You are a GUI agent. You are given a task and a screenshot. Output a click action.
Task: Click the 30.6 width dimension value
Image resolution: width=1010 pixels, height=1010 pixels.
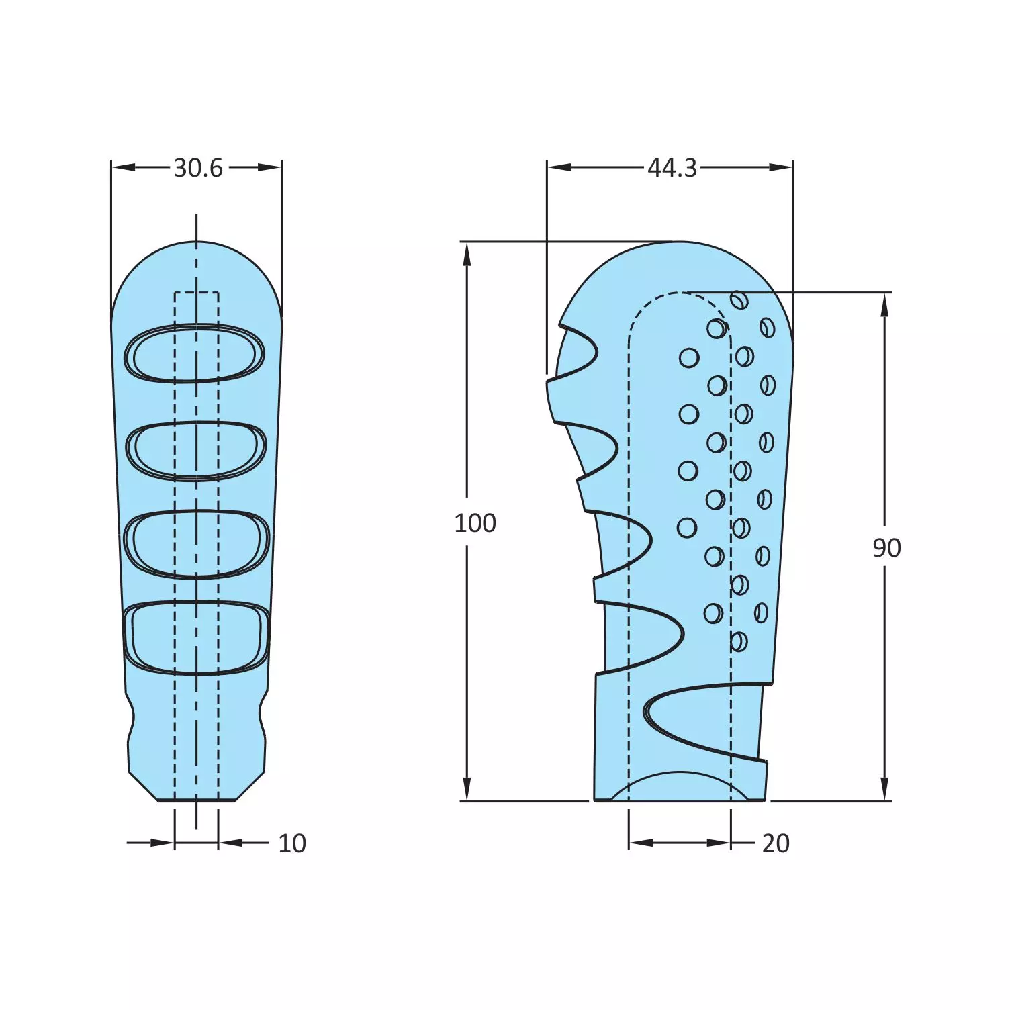[x=197, y=168]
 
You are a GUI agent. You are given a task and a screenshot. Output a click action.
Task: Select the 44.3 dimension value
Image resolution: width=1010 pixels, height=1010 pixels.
[x=672, y=168]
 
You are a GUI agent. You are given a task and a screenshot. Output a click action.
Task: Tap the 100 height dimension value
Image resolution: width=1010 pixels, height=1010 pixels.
[x=475, y=523]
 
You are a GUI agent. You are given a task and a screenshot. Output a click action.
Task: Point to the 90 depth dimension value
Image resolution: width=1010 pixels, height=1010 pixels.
[x=886, y=548]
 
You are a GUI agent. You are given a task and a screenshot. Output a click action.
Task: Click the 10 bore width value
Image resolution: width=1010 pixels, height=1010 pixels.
[x=291, y=843]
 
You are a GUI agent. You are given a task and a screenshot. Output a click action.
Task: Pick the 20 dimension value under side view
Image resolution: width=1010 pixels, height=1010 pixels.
[x=775, y=843]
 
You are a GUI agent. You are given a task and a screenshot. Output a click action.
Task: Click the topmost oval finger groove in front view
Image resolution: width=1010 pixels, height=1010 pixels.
[x=195, y=353]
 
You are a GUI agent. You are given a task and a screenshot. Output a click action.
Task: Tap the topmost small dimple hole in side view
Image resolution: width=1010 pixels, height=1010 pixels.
[x=739, y=300]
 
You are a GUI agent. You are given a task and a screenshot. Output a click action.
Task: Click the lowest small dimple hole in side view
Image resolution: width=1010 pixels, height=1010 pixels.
[x=738, y=641]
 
